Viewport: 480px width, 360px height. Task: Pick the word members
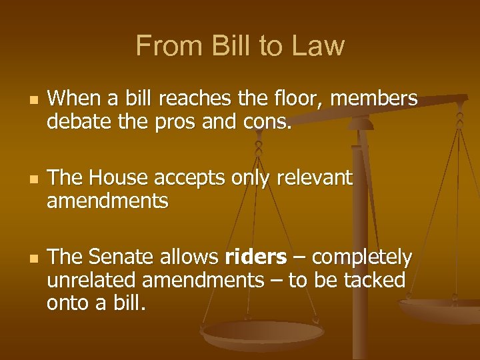tap(374, 99)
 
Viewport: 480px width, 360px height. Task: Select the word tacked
tap(374, 280)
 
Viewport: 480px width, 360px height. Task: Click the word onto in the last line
tap(68, 303)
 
